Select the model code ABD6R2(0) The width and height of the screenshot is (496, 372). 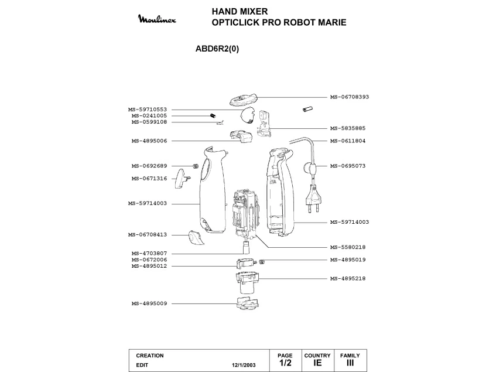click(x=217, y=49)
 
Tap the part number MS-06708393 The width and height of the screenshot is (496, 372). click(x=349, y=97)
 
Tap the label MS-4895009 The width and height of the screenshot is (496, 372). click(x=149, y=303)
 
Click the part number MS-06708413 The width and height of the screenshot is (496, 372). click(x=148, y=234)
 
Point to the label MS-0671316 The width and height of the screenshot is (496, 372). click(x=149, y=178)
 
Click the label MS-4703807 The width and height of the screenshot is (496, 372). click(x=149, y=253)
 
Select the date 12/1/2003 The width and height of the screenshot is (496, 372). click(x=242, y=364)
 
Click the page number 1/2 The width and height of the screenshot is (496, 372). click(x=285, y=363)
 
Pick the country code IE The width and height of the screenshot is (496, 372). click(x=317, y=363)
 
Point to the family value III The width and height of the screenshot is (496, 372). click(x=350, y=363)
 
